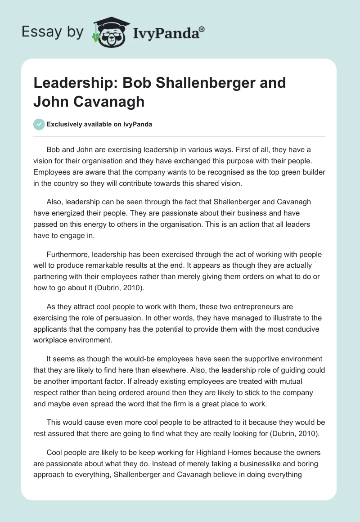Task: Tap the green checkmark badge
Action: click(39, 124)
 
